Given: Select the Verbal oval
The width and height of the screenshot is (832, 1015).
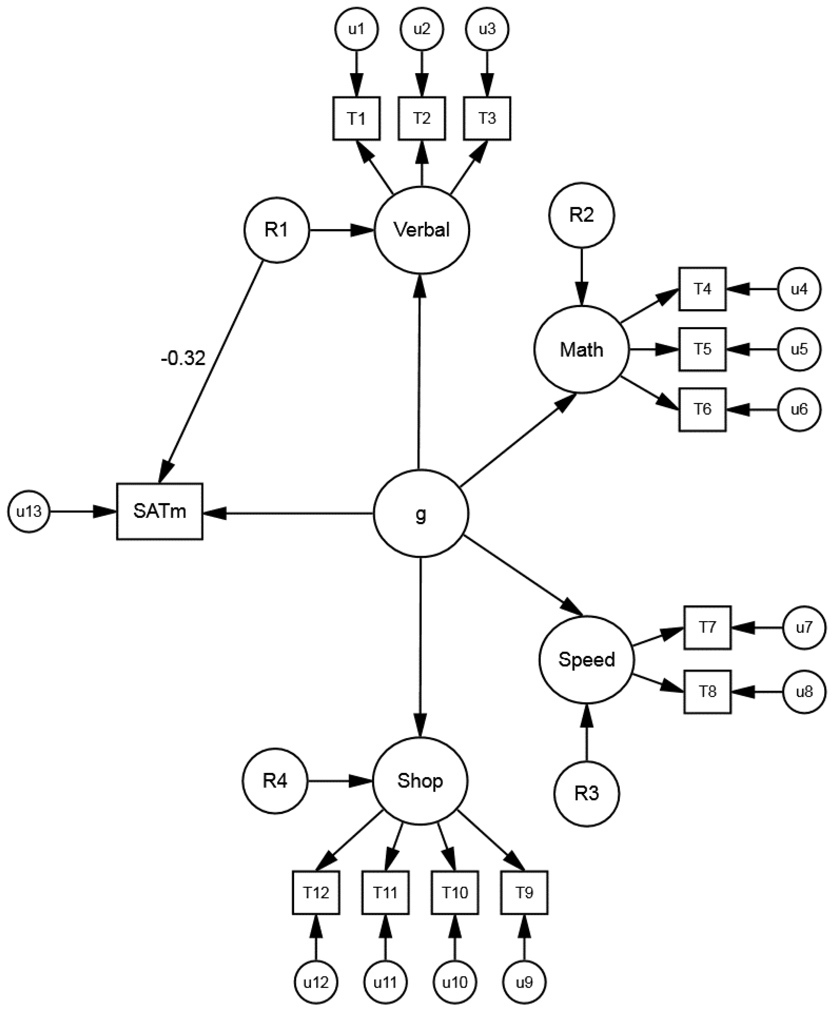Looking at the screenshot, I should point(421,230).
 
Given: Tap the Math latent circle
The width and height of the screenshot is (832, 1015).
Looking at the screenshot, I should point(581,349).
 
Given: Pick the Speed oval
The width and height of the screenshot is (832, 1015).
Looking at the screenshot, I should point(586,660).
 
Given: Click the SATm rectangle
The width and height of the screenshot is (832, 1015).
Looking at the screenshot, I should point(160,511).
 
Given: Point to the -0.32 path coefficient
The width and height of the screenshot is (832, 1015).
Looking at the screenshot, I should point(183,358).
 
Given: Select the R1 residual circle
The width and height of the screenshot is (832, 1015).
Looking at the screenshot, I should point(277,230).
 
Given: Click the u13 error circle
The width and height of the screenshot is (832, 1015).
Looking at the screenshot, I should point(29,511).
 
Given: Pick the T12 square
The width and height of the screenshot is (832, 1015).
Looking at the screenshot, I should point(316,892).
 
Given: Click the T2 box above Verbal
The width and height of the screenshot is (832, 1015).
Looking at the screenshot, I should point(422,118).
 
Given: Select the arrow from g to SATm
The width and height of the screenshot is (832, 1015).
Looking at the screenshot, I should point(288,513).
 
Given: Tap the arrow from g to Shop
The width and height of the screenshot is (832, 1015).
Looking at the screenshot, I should point(420,647).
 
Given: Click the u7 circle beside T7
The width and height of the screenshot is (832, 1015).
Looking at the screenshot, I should point(804,627).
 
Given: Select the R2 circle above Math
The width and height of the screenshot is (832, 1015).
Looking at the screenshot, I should point(581,215).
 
